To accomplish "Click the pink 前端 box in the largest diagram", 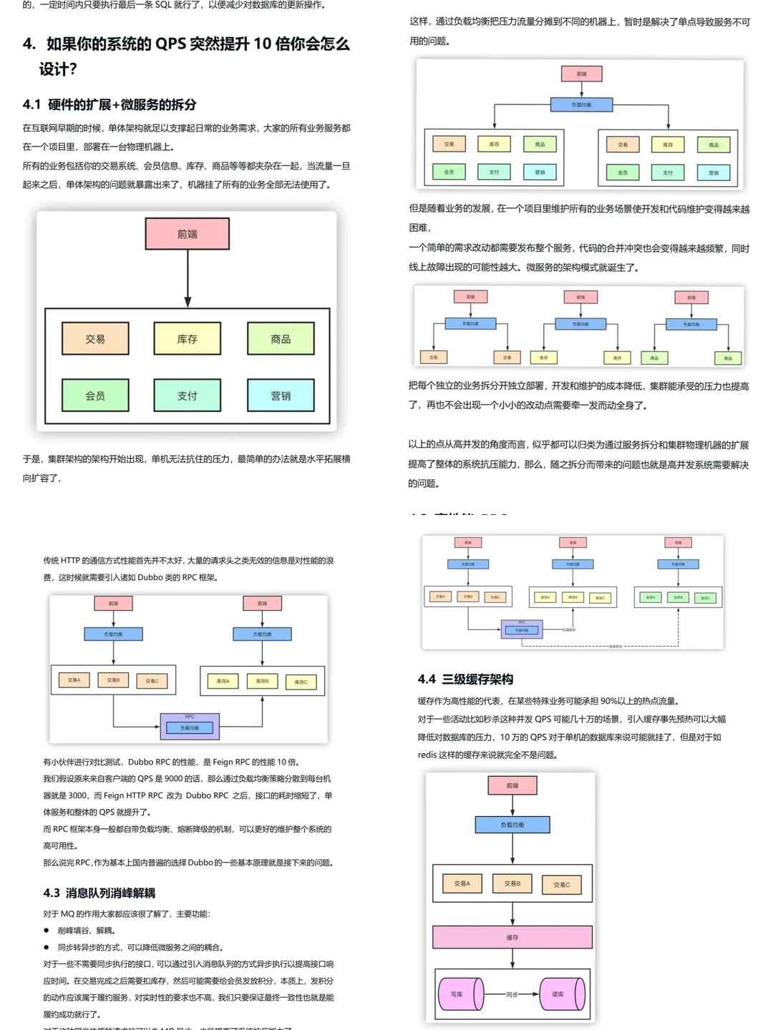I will [188, 234].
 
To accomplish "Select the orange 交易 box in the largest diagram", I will [95, 339].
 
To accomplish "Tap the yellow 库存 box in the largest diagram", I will [188, 339].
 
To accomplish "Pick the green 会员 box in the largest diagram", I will [95, 396].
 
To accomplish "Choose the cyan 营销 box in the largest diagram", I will [281, 396].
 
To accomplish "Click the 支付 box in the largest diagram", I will [188, 396].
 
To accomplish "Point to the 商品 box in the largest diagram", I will [281, 339].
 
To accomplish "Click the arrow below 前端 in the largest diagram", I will [188, 279].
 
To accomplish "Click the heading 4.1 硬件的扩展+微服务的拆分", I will [110, 104].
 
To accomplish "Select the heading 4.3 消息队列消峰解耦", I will [99, 893].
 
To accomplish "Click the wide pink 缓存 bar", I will [512, 937].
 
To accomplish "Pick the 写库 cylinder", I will [458, 994].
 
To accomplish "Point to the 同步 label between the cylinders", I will [512, 994].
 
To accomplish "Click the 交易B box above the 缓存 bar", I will [512, 883].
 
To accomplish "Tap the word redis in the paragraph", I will [427, 755].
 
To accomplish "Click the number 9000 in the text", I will [174, 779].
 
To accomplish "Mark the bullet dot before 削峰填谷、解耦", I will [47, 931].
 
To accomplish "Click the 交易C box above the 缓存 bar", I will [562, 885].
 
